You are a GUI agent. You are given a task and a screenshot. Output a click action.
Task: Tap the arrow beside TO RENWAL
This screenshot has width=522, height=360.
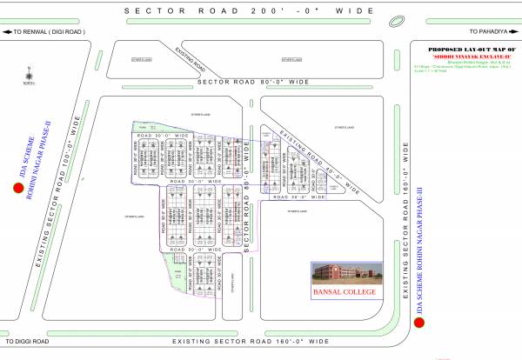click(x=7, y=31)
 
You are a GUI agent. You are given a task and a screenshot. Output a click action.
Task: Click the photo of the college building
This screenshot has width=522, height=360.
click(x=346, y=273)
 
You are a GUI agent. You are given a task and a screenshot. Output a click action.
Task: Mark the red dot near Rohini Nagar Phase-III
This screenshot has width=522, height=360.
click(x=419, y=323)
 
